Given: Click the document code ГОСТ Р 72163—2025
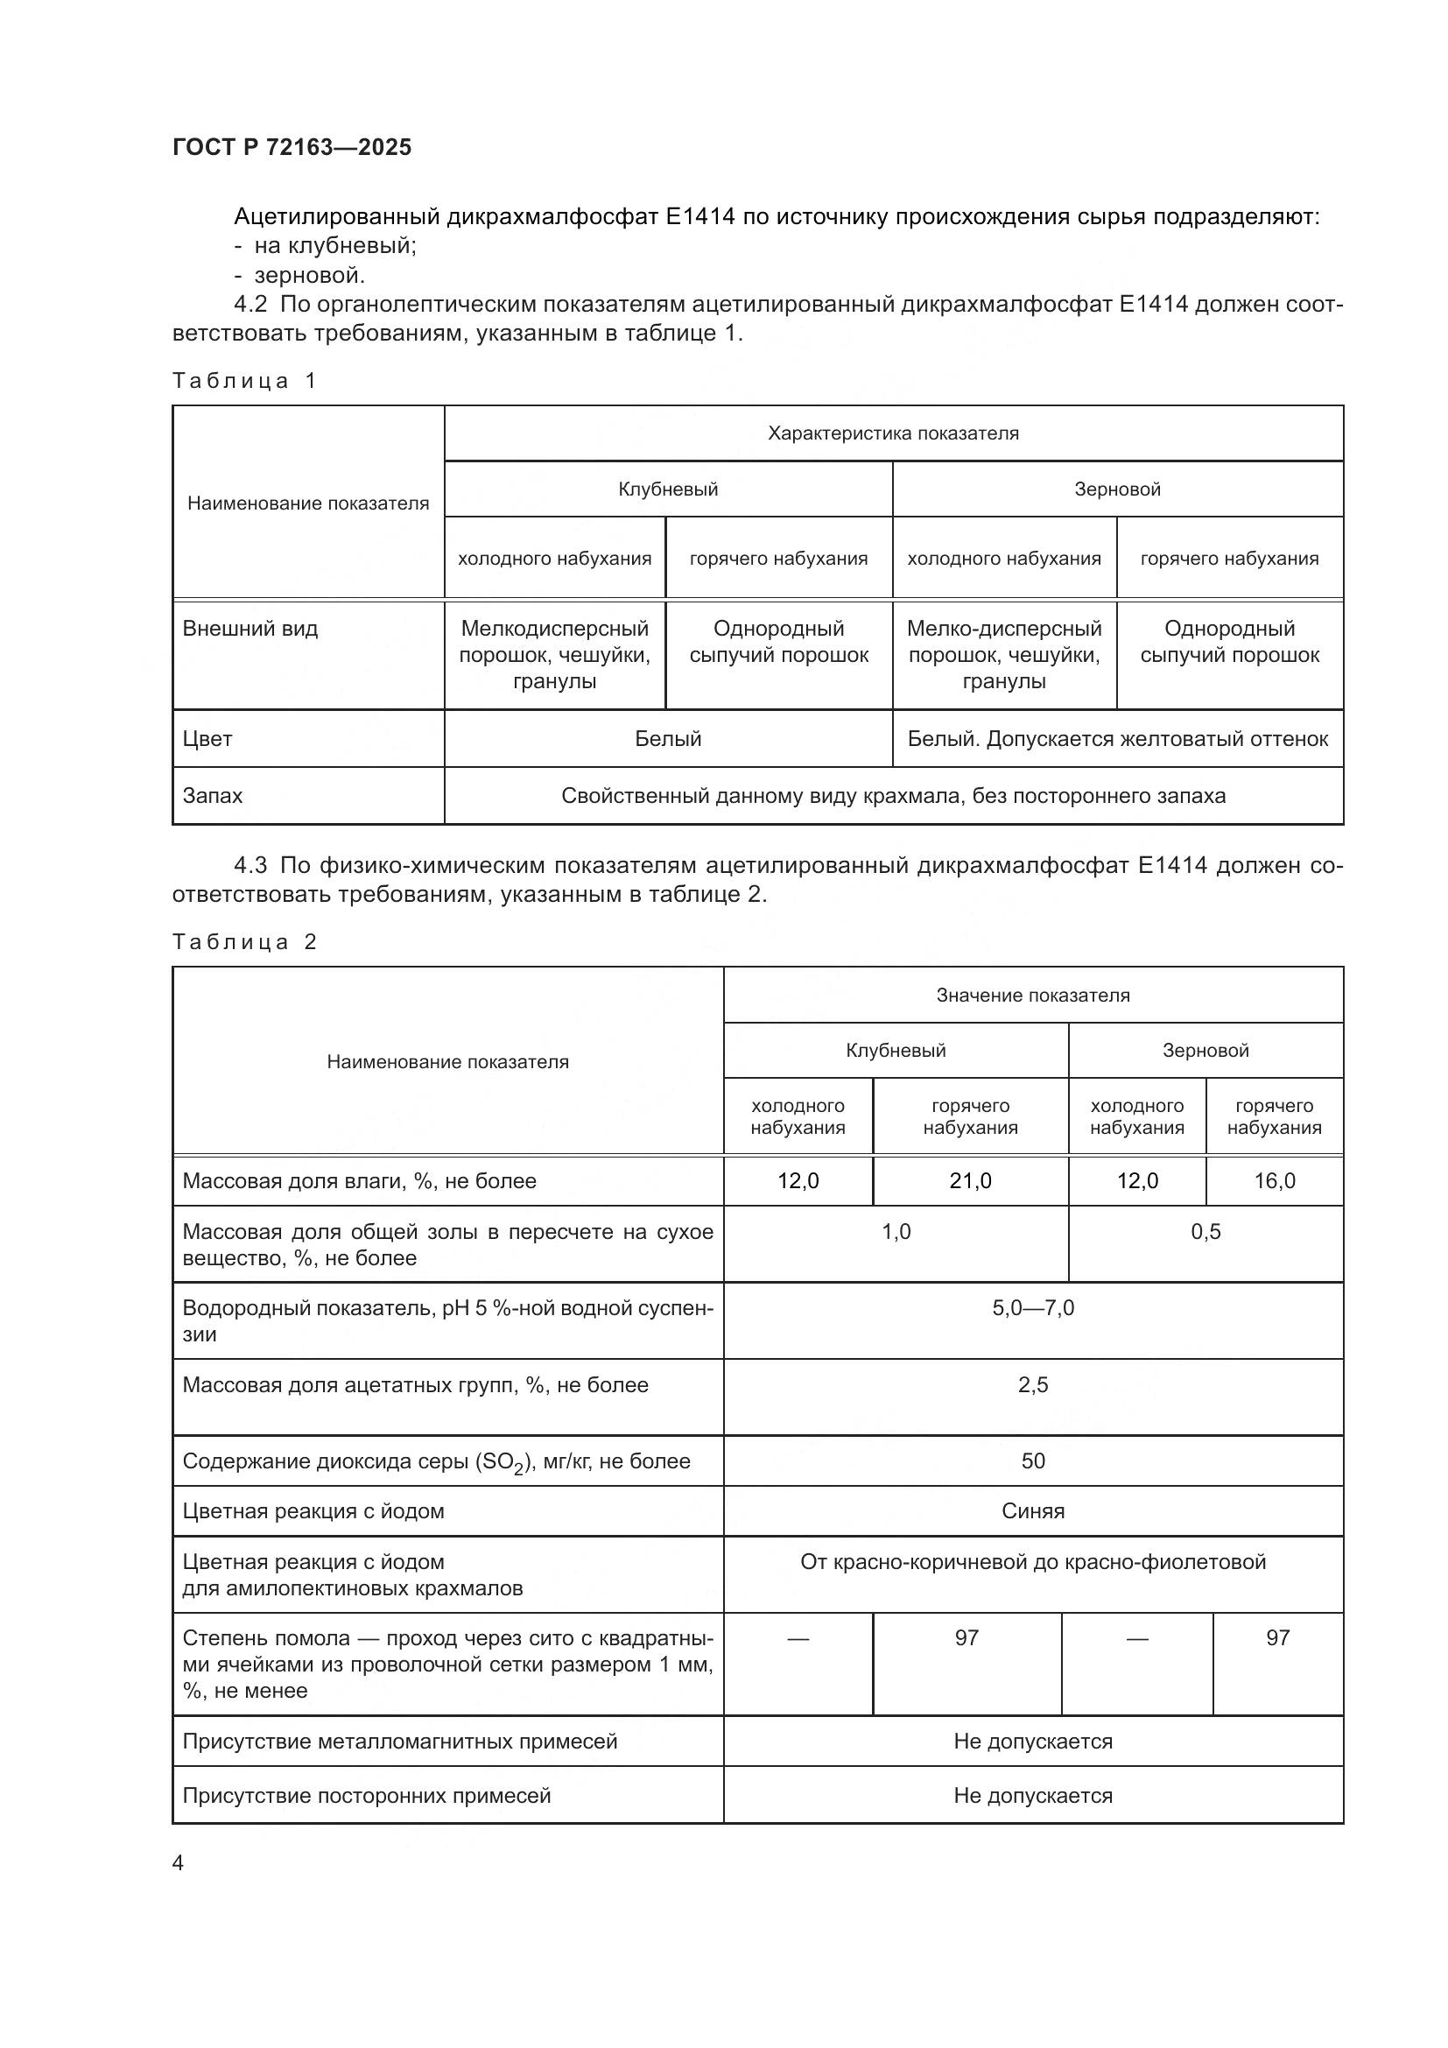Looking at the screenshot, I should point(292,147).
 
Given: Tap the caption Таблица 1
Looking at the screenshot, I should point(244,381).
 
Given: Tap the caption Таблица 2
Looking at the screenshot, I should point(244,942).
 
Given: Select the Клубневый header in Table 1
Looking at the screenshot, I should point(668,489).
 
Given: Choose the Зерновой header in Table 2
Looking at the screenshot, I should point(1205,1050).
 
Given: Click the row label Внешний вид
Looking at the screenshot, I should point(250,629).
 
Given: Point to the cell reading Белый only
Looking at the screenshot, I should point(668,739).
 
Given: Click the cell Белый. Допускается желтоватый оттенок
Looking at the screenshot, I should point(1117,739).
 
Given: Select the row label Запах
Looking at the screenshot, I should point(212,796).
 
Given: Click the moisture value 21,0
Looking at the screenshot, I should point(970,1181).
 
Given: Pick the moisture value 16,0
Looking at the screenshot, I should point(1274,1181).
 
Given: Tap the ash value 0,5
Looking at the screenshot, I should point(1205,1232).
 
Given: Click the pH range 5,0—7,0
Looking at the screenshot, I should point(1032,1308).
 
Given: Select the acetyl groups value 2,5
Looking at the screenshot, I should point(1032,1385).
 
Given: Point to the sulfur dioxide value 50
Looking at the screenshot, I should point(1032,1461).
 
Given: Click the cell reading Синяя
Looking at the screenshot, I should point(1032,1511).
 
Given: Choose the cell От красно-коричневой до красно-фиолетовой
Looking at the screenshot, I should point(1032,1562).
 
